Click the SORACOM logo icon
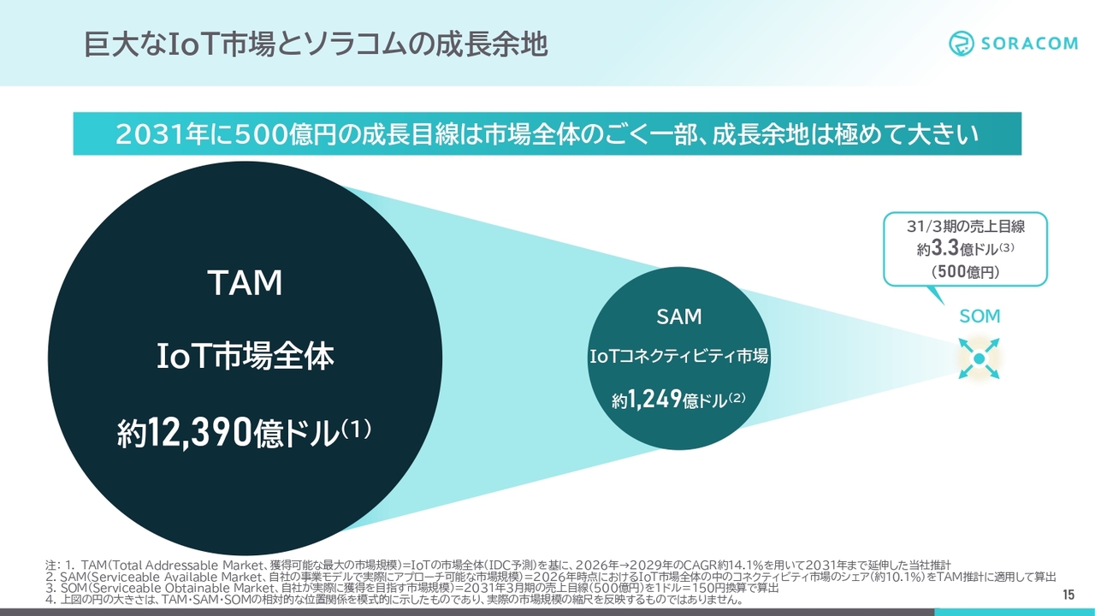pyautogui.click(x=962, y=44)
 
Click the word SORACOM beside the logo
pyautogui.click(x=1029, y=44)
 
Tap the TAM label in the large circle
pyautogui.click(x=246, y=283)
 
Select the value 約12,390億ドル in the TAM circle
pyautogui.click(x=244, y=432)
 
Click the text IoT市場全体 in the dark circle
pyautogui.click(x=246, y=356)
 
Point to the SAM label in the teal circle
pyautogui.click(x=679, y=317)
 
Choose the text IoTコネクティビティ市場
pyautogui.click(x=679, y=356)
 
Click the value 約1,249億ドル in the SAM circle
pyautogui.click(x=678, y=400)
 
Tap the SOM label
pyautogui.click(x=980, y=317)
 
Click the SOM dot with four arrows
pyautogui.click(x=979, y=358)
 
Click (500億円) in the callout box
pyautogui.click(x=966, y=271)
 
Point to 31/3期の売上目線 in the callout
pyautogui.click(x=966, y=226)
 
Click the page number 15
pyautogui.click(x=1068, y=595)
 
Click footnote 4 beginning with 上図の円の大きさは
pyautogui.click(x=394, y=599)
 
